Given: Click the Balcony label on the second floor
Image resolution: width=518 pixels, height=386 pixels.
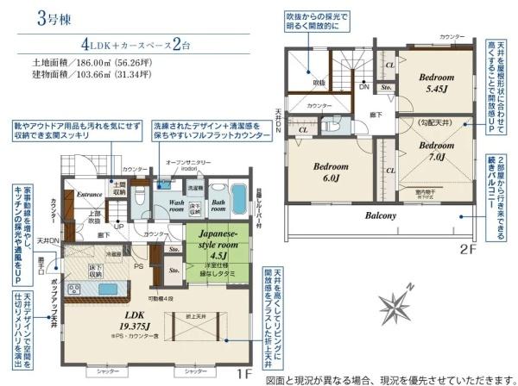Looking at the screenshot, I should pos(380,215).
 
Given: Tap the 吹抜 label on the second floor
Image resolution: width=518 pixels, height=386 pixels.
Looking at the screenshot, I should pos(318,82).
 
